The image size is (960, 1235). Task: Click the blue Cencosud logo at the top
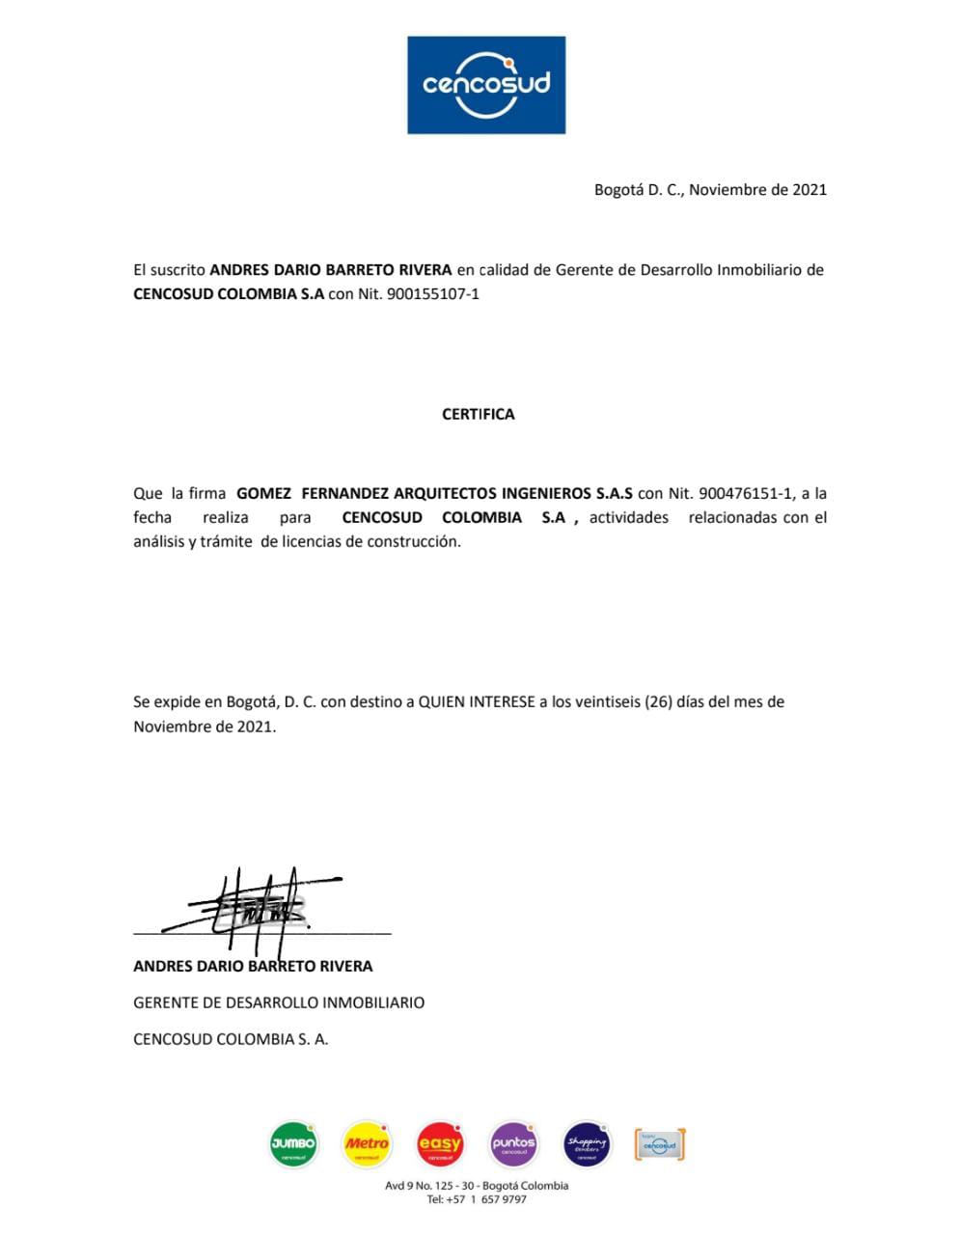(x=485, y=85)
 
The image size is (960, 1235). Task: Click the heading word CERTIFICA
(x=479, y=414)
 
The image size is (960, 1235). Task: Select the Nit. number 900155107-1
(x=432, y=294)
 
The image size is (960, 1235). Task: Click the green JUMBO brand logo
(x=293, y=1144)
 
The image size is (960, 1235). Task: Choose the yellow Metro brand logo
(x=367, y=1144)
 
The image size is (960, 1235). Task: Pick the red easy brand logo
(x=440, y=1144)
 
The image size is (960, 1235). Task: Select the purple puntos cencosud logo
(x=513, y=1144)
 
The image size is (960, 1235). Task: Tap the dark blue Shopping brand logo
(x=587, y=1144)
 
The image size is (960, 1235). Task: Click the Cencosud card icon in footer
(x=660, y=1145)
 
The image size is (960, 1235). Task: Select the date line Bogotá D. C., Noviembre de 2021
(x=710, y=190)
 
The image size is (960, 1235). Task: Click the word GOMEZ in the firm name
(x=263, y=493)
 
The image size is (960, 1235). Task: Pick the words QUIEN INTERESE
(x=477, y=701)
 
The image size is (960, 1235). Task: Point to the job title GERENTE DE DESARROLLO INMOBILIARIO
(x=279, y=1002)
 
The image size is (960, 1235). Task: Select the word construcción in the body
(x=418, y=541)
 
